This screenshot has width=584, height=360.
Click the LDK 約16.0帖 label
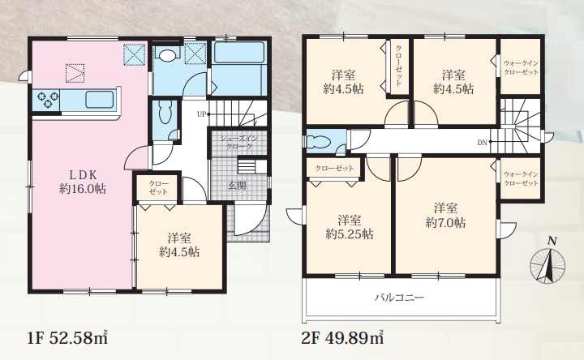point(83,182)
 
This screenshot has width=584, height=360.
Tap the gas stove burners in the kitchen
point(47,101)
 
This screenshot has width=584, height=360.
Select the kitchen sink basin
point(100,100)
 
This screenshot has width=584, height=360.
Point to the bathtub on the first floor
point(239,52)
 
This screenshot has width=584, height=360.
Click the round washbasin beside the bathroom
point(167,55)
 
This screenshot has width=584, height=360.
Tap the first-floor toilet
point(165,112)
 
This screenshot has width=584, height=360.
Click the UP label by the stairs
point(201,114)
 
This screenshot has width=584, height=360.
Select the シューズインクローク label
point(238,143)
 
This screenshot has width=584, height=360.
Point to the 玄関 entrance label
point(237,186)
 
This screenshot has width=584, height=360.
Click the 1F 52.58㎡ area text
point(67,338)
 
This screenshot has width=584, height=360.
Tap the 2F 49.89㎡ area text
point(342,338)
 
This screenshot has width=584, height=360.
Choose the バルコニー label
point(399,298)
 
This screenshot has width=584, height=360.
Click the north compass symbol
point(547,262)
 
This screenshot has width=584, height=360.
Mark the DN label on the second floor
point(483,142)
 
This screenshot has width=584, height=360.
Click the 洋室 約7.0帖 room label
point(445,215)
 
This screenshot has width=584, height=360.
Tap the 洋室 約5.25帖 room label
point(350,227)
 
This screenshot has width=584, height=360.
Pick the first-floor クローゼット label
point(158,187)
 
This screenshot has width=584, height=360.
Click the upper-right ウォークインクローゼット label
point(521,68)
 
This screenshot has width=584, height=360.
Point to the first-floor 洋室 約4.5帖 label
point(179,245)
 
